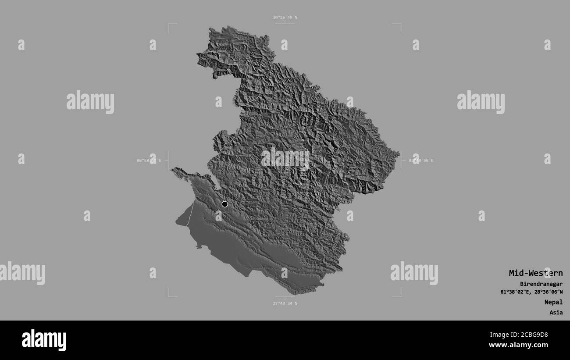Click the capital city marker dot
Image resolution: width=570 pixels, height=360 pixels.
225,204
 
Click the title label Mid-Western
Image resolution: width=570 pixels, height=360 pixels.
535,273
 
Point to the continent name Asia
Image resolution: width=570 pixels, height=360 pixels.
556,313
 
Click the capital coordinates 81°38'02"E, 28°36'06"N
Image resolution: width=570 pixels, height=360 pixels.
531,292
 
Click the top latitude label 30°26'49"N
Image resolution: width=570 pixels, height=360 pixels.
285,18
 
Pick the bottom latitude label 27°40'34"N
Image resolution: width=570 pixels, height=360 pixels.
285,303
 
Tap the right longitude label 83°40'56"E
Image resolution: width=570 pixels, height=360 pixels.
420,160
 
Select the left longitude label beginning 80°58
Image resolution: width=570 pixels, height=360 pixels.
149,160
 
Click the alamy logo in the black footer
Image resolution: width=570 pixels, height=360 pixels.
44,340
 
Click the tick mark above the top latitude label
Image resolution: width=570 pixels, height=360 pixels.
285,23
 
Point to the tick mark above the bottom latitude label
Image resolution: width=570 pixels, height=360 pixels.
285,298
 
